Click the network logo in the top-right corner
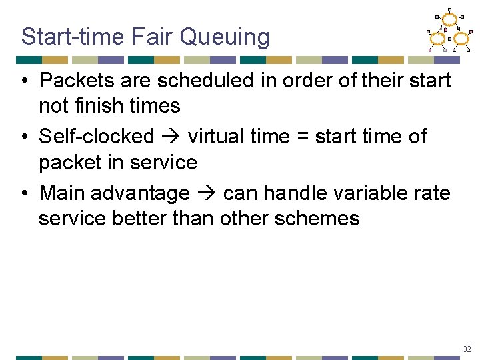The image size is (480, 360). point(449,31)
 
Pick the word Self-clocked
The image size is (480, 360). point(97,137)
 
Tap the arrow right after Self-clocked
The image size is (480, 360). point(171,137)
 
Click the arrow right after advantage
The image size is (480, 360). point(206,194)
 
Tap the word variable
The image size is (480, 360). point(373,193)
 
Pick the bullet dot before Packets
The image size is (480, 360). point(23,81)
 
